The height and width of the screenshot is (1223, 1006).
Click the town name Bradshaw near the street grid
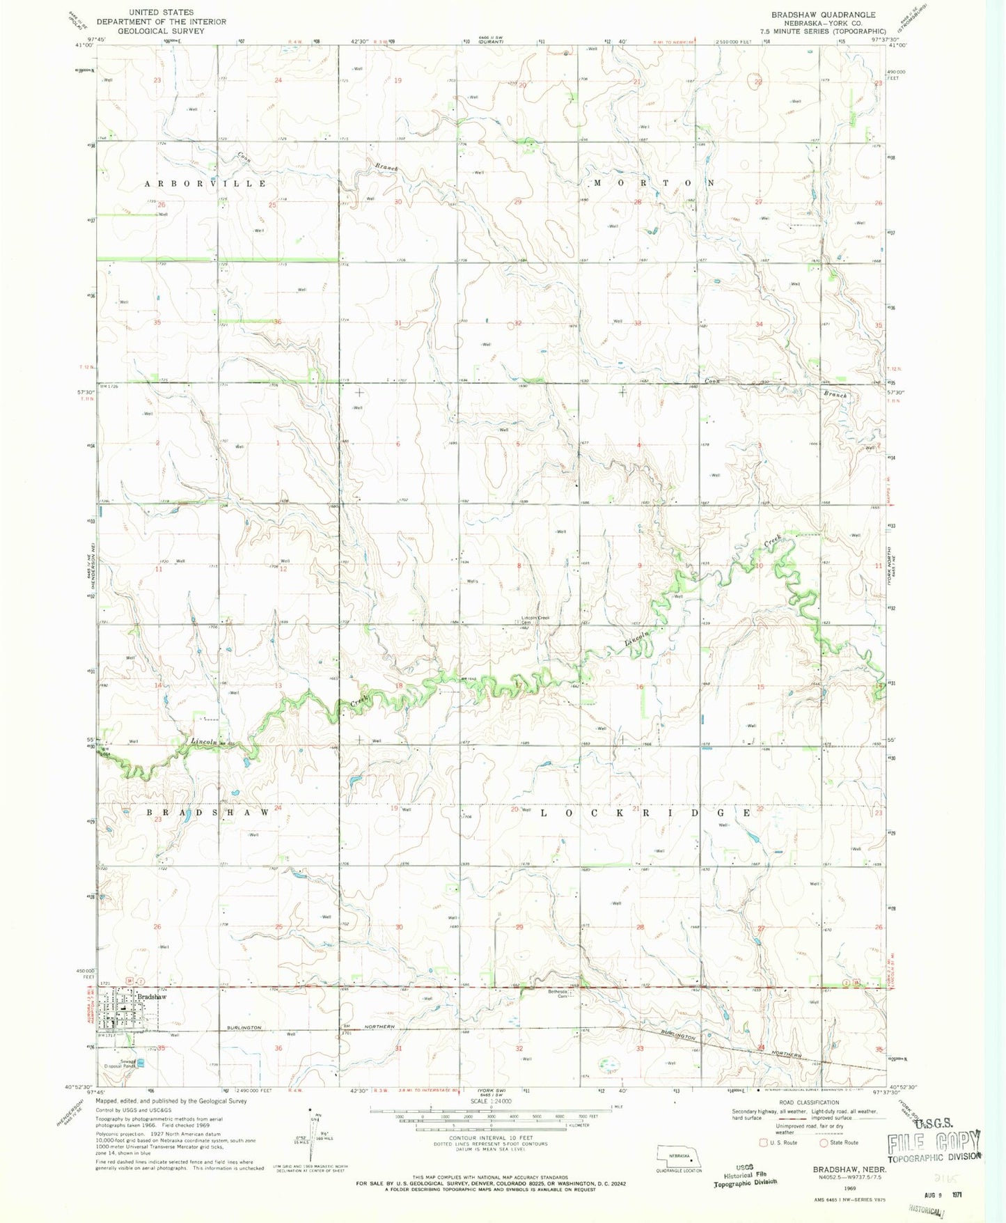152,997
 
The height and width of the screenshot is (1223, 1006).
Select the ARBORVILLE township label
205,183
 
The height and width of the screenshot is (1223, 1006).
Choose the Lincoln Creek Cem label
535,619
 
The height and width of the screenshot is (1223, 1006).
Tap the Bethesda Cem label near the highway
559,993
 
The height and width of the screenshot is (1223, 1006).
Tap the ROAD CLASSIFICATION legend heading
810,1103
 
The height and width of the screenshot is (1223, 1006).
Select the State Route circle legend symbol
824,1142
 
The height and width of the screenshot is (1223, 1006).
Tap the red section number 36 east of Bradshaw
278,1048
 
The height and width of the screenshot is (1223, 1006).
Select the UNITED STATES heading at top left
161,13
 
